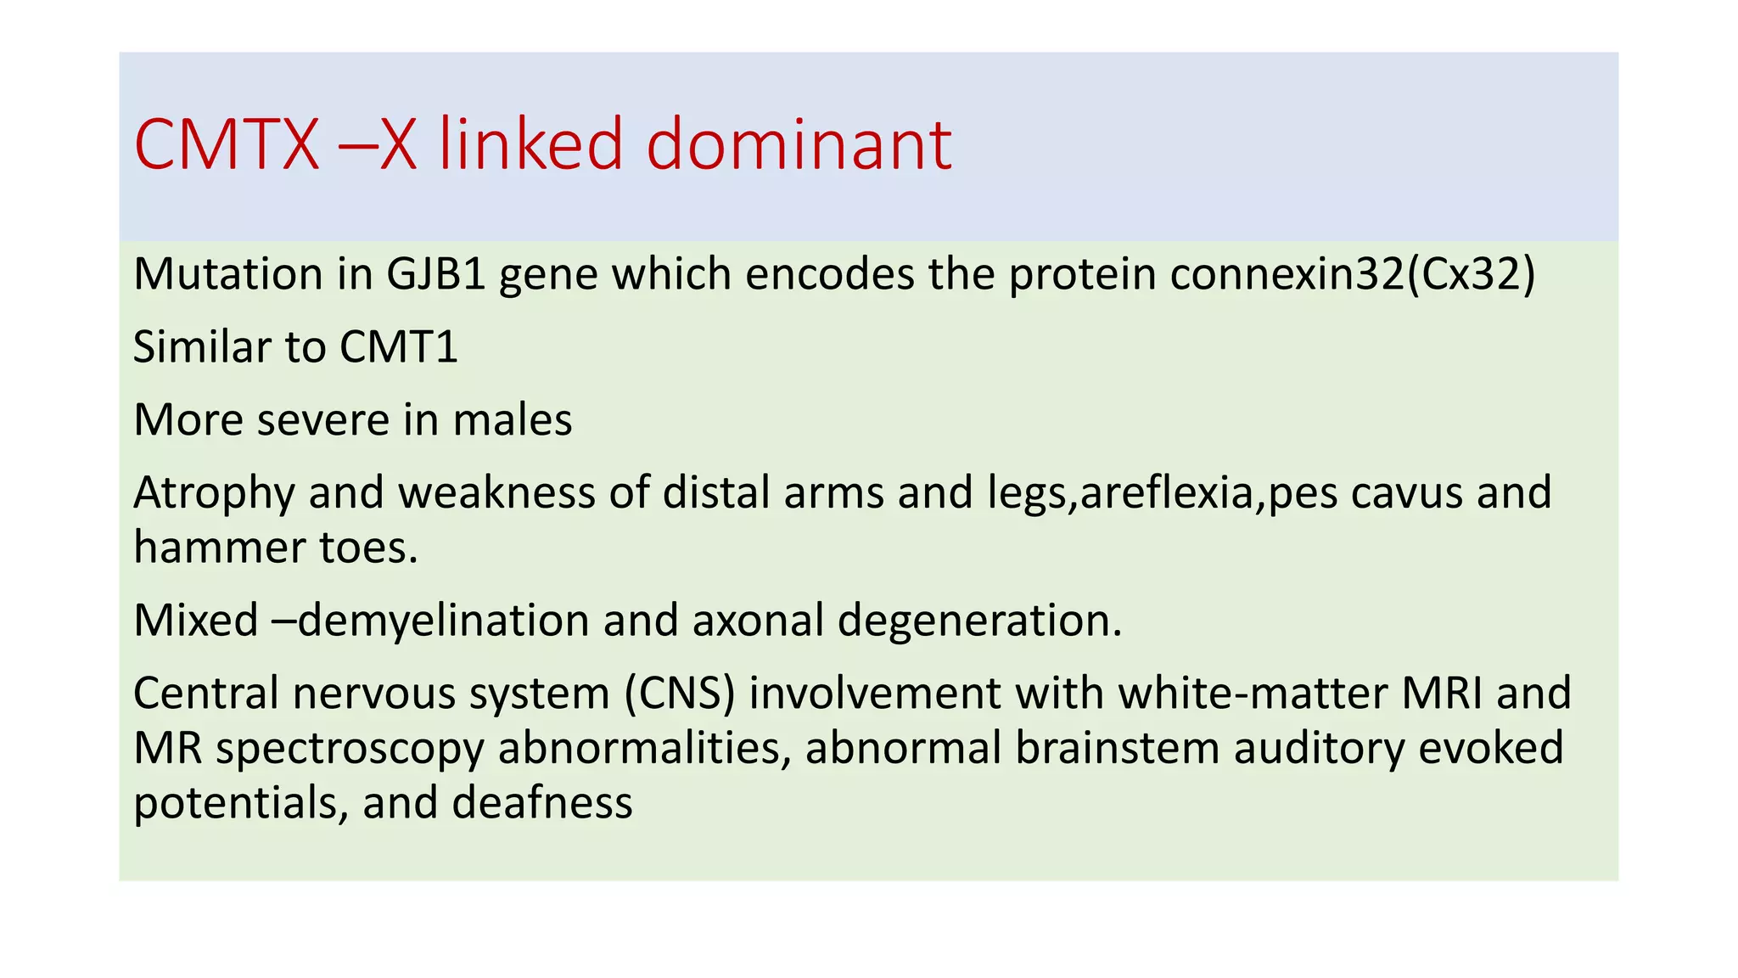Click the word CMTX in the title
(x=226, y=144)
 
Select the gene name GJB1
(x=436, y=274)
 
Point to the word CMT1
(x=398, y=346)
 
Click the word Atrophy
(x=214, y=492)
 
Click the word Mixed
(x=195, y=620)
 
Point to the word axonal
(x=758, y=620)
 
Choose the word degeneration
(x=979, y=621)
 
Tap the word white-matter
(x=1252, y=693)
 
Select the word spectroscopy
(x=349, y=749)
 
